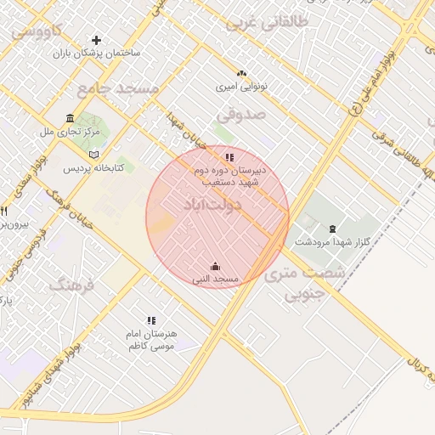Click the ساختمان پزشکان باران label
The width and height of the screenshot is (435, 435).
tap(96, 54)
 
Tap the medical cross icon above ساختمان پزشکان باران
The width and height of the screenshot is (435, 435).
tap(96, 40)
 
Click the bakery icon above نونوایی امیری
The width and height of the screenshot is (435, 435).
tap(241, 74)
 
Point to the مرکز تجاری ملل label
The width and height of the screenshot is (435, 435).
tap(70, 133)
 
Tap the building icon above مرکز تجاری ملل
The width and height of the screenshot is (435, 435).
tap(70, 119)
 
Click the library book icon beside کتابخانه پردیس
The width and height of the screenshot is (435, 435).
tap(93, 155)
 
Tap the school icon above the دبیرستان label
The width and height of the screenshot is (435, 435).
tap(229, 157)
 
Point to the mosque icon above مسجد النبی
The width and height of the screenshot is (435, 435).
tap(214, 266)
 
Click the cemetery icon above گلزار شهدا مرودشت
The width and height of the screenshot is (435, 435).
tap(331, 228)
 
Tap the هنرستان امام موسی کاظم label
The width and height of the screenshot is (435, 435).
tap(151, 341)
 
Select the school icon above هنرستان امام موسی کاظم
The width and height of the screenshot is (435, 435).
tap(151, 320)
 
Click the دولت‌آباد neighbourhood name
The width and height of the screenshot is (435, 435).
tap(212, 205)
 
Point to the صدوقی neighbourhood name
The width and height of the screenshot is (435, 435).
tap(241, 113)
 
